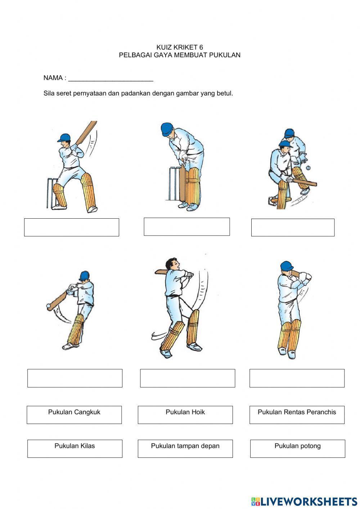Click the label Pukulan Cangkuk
pyautogui.click(x=74, y=412)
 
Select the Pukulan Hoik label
pyautogui.click(x=185, y=412)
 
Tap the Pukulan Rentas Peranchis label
pyautogui.click(x=297, y=412)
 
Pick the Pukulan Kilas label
pyautogui.click(x=75, y=446)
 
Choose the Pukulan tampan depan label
pyautogui.click(x=185, y=446)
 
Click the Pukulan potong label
pyautogui.click(x=297, y=446)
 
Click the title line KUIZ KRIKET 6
pyautogui.click(x=180, y=47)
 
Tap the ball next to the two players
pyautogui.click(x=308, y=168)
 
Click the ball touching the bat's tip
pyautogui.click(x=49, y=306)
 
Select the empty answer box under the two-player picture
pyautogui.click(x=293, y=227)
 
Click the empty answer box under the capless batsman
pyautogui.click(x=187, y=378)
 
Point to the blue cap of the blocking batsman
pyautogui.click(x=166, y=128)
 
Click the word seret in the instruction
pyautogui.click(x=64, y=93)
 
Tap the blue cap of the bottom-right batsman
pyautogui.click(x=287, y=266)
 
